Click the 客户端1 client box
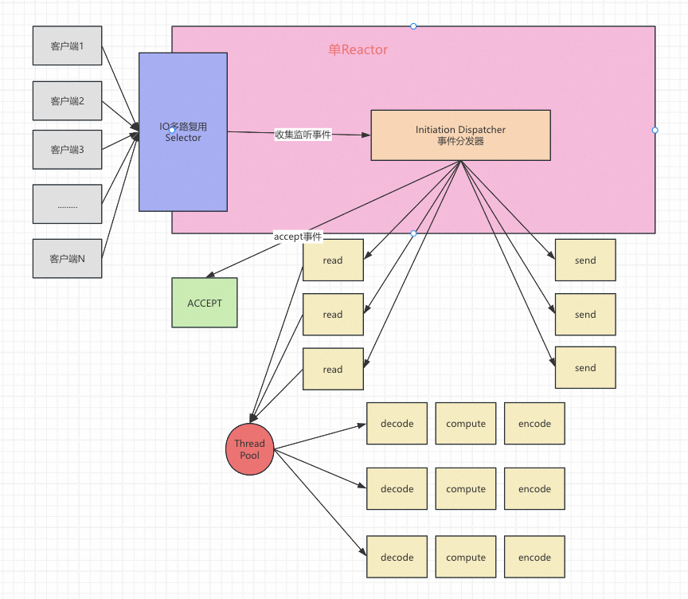click(x=67, y=45)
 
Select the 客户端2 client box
click(x=67, y=101)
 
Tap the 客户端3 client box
click(x=67, y=150)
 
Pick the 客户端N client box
click(x=67, y=258)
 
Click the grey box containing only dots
click(x=67, y=204)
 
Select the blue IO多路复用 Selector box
click(x=183, y=132)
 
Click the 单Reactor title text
click(x=358, y=49)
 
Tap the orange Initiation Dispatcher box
click(x=461, y=135)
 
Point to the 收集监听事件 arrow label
click(x=303, y=135)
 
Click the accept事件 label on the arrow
click(x=298, y=237)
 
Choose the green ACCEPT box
click(x=205, y=303)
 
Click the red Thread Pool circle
click(x=250, y=449)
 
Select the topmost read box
click(x=333, y=260)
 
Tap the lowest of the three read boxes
click(x=333, y=369)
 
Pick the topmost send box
click(x=585, y=260)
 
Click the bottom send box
click(x=585, y=368)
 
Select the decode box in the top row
click(x=397, y=424)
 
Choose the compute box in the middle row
click(x=466, y=488)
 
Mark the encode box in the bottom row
click(x=534, y=557)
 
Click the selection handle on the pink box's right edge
click(x=655, y=131)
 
